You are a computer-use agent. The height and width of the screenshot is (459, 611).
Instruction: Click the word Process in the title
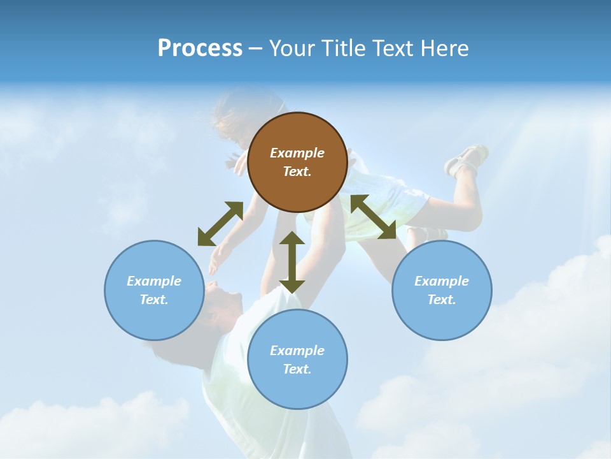coord(200,48)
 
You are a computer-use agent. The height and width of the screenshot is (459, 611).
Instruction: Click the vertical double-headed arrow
coord(292,262)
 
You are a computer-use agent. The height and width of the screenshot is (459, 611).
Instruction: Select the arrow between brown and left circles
coord(220,224)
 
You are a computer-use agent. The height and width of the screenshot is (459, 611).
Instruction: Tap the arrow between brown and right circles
coord(373,217)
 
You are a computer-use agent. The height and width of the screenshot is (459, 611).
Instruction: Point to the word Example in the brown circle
coord(297,153)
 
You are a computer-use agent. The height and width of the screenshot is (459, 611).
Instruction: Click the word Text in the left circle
coord(154,300)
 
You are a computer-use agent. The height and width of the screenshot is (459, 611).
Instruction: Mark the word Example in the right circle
coord(442,281)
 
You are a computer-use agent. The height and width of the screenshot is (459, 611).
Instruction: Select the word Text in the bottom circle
coord(297,369)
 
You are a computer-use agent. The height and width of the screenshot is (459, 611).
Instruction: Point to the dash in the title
coord(255,48)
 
